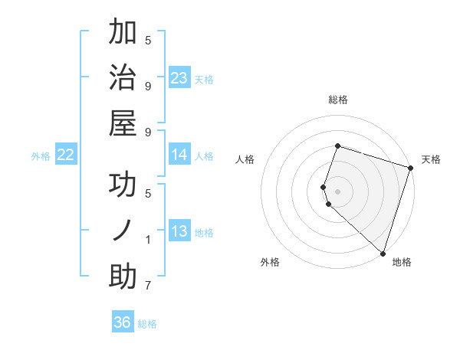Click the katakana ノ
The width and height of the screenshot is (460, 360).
click(123, 231)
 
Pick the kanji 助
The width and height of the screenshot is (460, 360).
click(123, 277)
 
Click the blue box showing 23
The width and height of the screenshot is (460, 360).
click(179, 77)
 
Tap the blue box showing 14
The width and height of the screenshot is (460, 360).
click(179, 155)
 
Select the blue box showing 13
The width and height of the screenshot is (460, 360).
click(179, 231)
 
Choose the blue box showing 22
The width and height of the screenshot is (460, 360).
click(66, 155)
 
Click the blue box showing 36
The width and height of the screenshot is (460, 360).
click(123, 322)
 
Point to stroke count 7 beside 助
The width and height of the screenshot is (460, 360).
click(148, 286)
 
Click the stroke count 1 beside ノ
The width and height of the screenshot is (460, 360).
click(148, 240)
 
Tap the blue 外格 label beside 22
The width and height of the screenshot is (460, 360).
click(41, 156)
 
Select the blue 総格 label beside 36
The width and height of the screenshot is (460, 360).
click(147, 324)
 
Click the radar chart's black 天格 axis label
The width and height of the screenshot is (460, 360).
click(431, 159)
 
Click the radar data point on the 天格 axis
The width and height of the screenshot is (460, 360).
click(410, 168)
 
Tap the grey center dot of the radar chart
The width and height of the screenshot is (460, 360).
click(337, 191)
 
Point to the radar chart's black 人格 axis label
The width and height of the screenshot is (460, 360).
click(245, 159)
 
